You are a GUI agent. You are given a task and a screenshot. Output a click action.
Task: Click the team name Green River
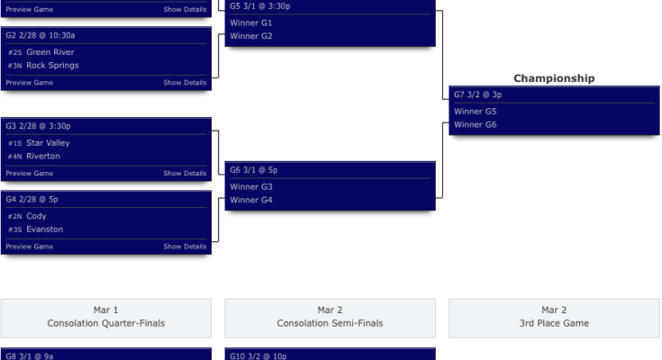tap(52, 52)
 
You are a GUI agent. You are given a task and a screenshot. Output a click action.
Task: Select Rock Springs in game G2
tap(52, 66)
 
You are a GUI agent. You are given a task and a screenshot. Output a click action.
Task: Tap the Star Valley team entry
tap(48, 143)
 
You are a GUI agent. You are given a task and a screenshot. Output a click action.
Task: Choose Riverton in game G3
tap(43, 157)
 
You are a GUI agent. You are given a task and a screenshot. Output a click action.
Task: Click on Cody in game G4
tap(36, 216)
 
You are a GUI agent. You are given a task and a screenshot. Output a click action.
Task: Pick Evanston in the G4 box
tap(44, 229)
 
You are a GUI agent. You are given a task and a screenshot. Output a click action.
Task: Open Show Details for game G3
tap(185, 174)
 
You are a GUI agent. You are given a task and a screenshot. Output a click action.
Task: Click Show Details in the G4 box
tap(185, 247)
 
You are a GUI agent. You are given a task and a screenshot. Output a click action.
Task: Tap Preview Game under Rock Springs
tap(30, 83)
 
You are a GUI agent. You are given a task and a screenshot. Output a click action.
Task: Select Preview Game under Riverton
tap(30, 174)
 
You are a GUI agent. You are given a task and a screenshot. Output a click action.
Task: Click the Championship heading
tap(554, 78)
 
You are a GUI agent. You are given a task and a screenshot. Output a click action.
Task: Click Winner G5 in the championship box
tap(476, 112)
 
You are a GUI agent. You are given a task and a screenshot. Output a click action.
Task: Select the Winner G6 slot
tap(476, 125)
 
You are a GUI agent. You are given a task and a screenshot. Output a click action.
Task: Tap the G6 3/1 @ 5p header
tap(254, 169)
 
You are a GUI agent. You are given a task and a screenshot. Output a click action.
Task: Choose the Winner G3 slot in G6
tap(251, 186)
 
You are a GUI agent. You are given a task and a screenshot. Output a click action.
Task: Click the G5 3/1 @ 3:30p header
tap(260, 5)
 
